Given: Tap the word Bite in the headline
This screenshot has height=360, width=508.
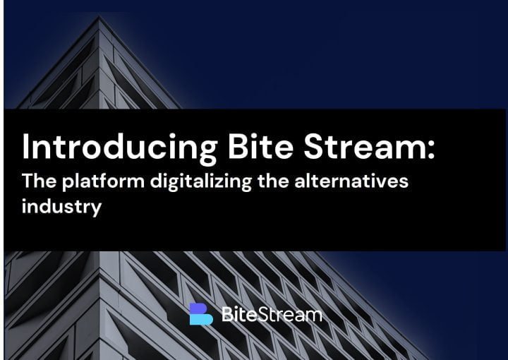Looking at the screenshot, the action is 260,146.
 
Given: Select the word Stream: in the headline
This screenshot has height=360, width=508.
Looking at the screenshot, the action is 369,146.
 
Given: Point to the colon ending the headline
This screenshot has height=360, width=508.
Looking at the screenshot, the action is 431,150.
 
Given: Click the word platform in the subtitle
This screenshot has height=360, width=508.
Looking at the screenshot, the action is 103,181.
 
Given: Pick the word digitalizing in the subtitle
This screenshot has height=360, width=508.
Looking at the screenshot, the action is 201,182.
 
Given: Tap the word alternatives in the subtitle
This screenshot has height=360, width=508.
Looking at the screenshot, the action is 351,181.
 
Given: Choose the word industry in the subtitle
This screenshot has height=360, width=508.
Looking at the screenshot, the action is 61,207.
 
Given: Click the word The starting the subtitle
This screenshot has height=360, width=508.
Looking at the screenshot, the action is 40,181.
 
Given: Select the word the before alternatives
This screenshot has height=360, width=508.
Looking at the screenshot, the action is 273,181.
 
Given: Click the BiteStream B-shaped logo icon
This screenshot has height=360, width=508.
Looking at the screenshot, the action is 201,313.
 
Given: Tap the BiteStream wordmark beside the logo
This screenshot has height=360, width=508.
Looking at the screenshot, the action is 272,314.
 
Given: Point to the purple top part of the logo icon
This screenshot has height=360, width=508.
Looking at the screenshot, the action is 198,308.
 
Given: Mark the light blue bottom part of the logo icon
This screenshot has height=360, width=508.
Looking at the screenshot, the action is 201,319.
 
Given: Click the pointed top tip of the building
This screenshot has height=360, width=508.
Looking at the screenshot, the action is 99,17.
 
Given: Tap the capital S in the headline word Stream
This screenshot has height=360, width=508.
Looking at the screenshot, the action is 314,146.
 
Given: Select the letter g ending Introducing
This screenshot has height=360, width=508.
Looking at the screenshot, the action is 207,153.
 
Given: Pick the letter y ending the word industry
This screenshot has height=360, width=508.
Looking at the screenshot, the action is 96,210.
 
